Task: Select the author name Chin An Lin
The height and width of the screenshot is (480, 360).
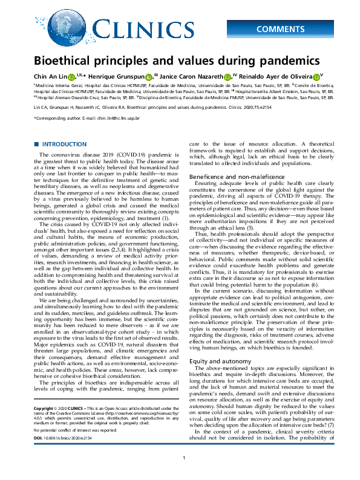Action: tap(50, 77)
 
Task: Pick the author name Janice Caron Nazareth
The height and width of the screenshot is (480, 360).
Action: tap(192, 77)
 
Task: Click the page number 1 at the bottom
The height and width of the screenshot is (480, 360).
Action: tap(183, 475)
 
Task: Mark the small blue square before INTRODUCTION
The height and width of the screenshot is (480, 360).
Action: tap(36, 144)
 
